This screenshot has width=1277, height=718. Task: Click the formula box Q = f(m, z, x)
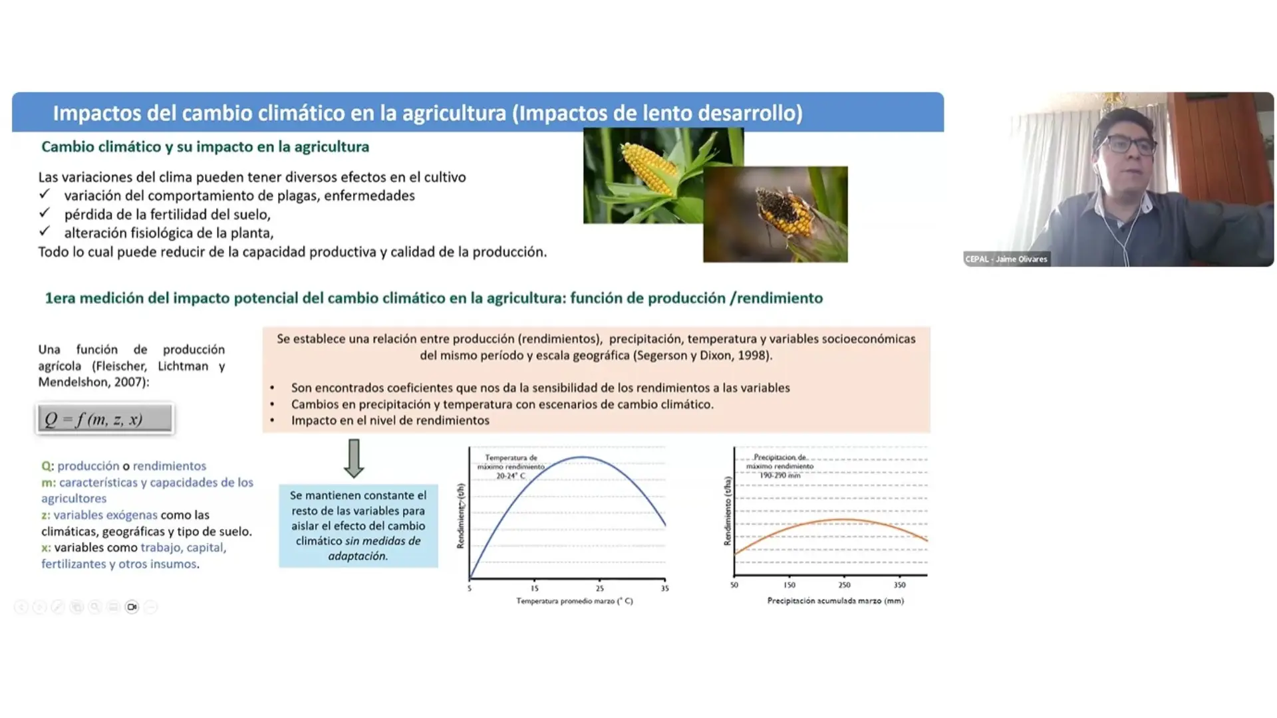coord(105,419)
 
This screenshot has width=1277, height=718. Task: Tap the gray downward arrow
coord(354,458)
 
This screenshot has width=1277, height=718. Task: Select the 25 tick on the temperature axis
coord(599,588)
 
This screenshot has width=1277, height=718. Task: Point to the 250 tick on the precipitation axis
coord(844,585)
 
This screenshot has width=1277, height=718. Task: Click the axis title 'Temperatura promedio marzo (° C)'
coord(575,601)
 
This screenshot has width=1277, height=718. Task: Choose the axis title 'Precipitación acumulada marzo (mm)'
coord(835,601)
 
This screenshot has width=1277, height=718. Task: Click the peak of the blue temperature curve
coord(581,457)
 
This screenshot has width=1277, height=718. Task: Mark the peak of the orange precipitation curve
coord(842,519)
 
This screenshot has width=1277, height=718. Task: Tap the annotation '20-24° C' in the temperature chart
coord(511,476)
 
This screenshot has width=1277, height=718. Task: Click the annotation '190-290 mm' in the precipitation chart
coord(780,475)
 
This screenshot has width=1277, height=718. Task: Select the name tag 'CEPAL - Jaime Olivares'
coord(1006,259)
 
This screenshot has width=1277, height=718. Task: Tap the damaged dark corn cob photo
coord(776,214)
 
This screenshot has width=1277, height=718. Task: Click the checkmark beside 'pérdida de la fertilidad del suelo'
coord(45,213)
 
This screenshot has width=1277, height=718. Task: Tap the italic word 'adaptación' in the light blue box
coord(358,556)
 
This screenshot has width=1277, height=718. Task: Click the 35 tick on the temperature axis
coord(664,588)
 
